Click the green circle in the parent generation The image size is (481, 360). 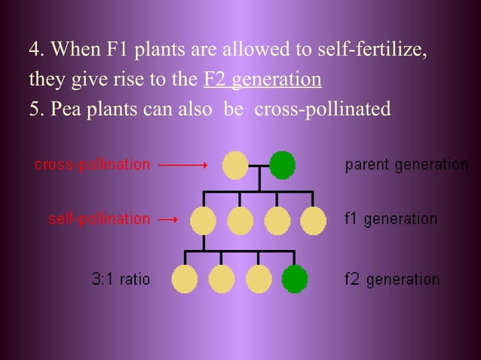coord(283,164)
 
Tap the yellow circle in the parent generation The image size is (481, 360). coord(235,164)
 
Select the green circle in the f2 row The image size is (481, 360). coord(294,279)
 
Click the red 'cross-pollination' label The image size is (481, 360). coord(93,164)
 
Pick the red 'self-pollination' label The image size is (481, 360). coord(99,219)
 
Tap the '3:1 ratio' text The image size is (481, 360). coord(121,279)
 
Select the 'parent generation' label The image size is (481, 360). coord(406,164)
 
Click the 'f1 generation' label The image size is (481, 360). coord(391,219)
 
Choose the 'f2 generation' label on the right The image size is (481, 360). coord(391,279)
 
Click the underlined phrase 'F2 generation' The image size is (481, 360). coord(262,79)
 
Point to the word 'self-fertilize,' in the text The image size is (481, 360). coord(381,50)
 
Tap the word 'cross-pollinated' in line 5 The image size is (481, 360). coord(323,108)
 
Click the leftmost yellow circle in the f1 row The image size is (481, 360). coord(204,221)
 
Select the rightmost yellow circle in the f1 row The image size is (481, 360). coord(313,221)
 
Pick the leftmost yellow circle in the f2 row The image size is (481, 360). coord(185,279)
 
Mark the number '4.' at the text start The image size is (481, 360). coord(35,50)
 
